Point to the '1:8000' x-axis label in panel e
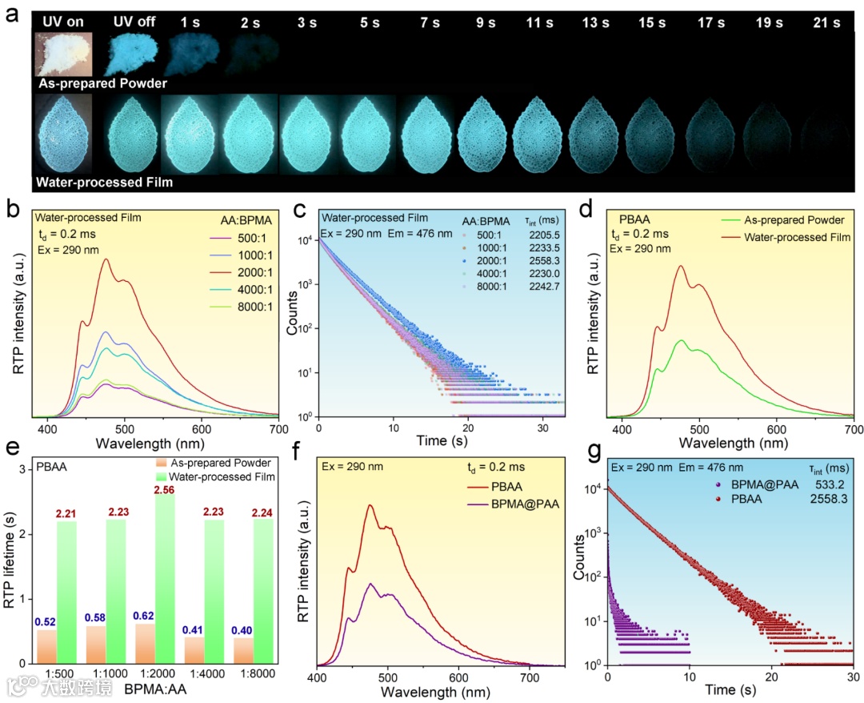click(x=250, y=673)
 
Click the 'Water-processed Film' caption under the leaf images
click(x=105, y=183)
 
